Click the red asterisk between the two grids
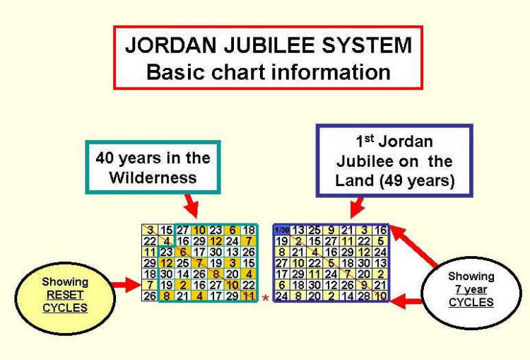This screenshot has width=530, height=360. [x=266, y=299]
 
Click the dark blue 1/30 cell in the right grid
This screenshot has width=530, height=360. [x=282, y=230]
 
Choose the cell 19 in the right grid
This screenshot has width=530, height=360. [x=282, y=240]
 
